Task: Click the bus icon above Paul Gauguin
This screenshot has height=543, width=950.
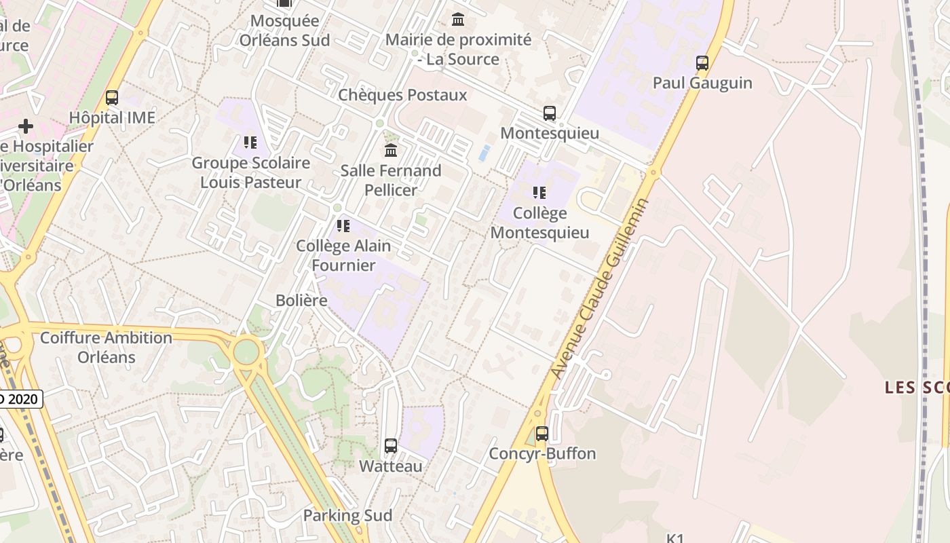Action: pyautogui.click(x=702, y=63)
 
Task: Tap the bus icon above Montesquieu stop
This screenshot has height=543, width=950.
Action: pyautogui.click(x=550, y=113)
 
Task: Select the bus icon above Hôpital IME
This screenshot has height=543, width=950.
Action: pyautogui.click(x=112, y=98)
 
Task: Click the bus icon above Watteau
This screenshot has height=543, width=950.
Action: pyautogui.click(x=391, y=446)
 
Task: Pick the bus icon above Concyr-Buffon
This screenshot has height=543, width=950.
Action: pyautogui.click(x=542, y=433)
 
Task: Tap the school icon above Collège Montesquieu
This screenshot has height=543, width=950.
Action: pyautogui.click(x=539, y=193)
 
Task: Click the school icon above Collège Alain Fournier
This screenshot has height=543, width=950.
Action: pyautogui.click(x=343, y=225)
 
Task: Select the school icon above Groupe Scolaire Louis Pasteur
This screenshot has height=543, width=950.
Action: pyautogui.click(x=250, y=143)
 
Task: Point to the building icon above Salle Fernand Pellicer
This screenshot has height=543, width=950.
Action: pyautogui.click(x=391, y=150)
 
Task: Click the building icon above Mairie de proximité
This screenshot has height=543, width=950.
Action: pyautogui.click(x=458, y=20)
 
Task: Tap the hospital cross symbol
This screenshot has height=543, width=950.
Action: pyautogui.click(x=26, y=126)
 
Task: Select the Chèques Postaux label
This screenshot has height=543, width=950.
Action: pyautogui.click(x=402, y=95)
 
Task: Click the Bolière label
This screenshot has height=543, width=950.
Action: pyautogui.click(x=301, y=300)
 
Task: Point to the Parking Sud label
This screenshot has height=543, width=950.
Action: pyautogui.click(x=347, y=515)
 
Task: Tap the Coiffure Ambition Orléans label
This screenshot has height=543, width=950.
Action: pyautogui.click(x=107, y=347)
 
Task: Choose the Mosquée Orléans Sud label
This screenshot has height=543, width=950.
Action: pyautogui.click(x=284, y=31)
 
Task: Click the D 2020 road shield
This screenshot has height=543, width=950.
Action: pyautogui.click(x=20, y=399)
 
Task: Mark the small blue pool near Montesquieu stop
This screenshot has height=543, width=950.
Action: pyautogui.click(x=484, y=153)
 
